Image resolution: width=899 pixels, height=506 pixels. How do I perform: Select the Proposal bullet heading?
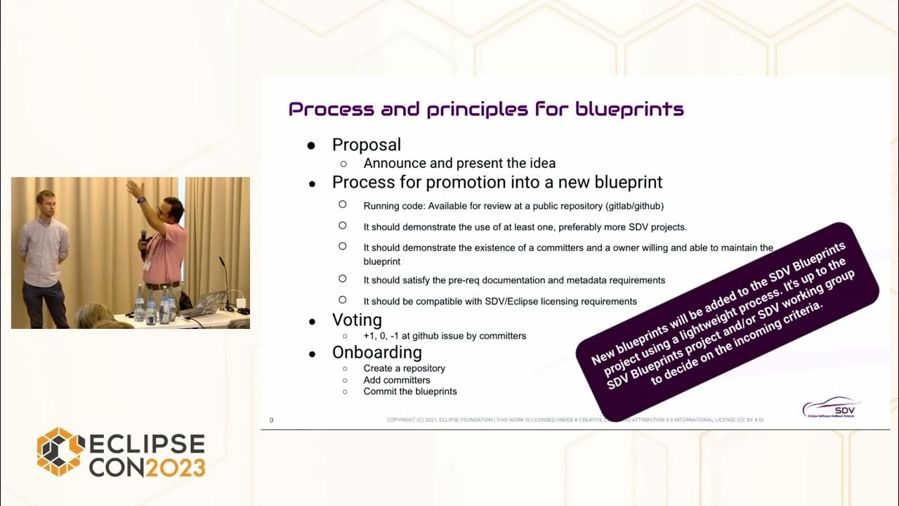[x=366, y=145]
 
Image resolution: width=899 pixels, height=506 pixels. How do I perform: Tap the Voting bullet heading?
[x=357, y=320]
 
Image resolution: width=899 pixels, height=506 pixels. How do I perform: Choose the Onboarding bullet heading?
[x=376, y=352]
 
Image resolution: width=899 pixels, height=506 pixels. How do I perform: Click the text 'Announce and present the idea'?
[x=459, y=163]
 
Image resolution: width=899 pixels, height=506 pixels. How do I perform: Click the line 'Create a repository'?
[x=404, y=368]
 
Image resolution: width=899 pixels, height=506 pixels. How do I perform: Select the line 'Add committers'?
[x=396, y=380]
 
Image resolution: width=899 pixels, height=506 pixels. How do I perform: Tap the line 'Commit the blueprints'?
[x=409, y=391]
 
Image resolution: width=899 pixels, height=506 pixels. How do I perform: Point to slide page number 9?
[x=272, y=420]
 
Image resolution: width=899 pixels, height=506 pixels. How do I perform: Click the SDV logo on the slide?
[x=832, y=407]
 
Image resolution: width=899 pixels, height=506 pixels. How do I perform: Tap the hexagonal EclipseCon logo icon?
[x=60, y=451]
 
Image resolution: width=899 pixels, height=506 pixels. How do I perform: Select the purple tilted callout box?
[x=727, y=320]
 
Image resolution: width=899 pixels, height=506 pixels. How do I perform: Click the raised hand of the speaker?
[x=133, y=188]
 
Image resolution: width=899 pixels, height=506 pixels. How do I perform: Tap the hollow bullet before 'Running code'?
[x=343, y=205]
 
